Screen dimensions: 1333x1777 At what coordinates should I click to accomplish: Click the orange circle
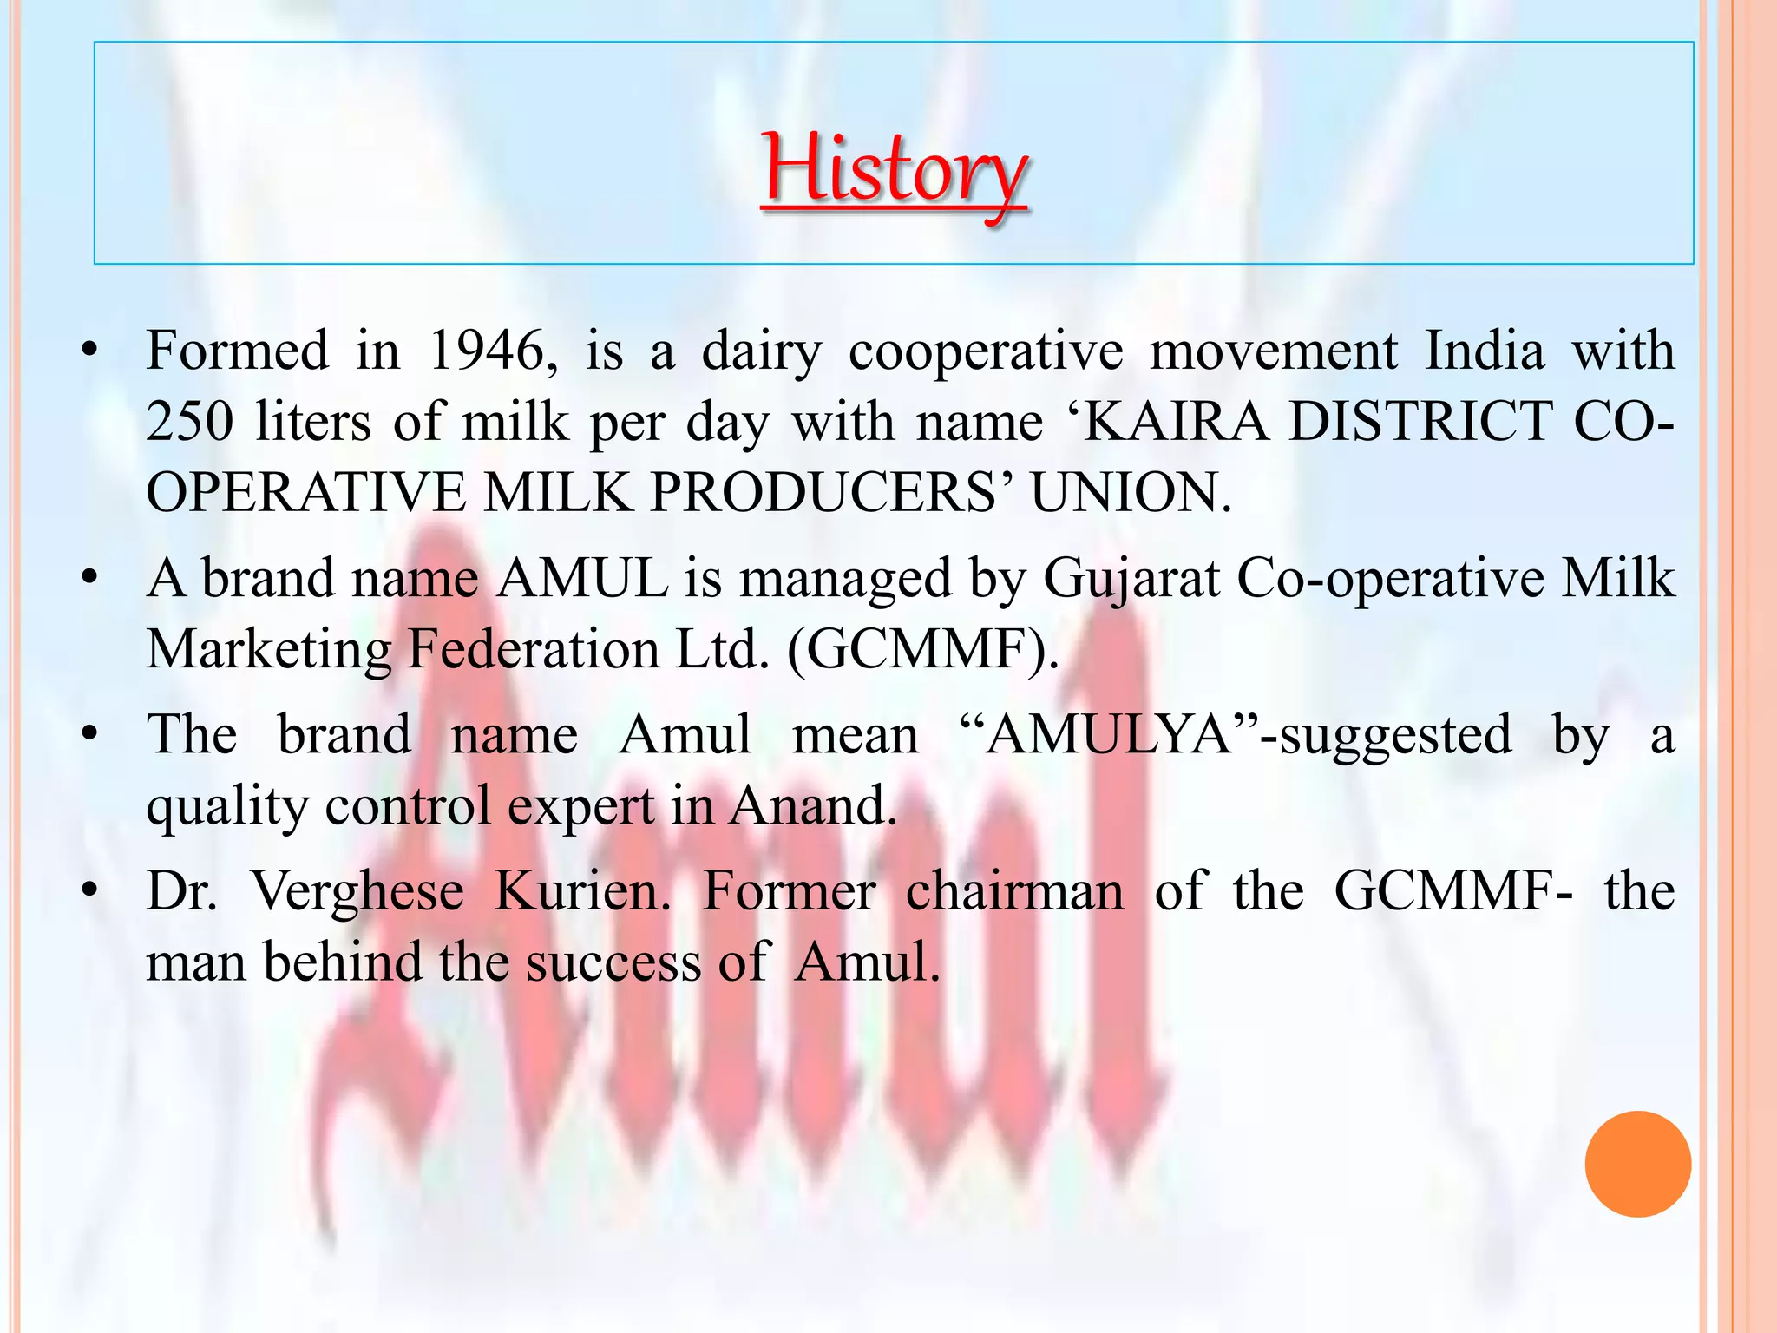point(1637,1164)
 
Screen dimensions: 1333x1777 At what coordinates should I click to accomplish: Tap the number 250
point(189,422)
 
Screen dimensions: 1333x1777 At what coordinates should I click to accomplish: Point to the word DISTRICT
point(1420,422)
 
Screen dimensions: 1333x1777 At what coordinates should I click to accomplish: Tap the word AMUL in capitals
point(582,578)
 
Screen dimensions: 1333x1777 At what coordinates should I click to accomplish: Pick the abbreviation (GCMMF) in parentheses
point(921,649)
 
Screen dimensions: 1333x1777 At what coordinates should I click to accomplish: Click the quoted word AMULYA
point(1108,734)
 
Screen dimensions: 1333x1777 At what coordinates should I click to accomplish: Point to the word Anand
point(811,805)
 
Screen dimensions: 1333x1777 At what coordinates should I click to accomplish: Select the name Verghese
point(357,892)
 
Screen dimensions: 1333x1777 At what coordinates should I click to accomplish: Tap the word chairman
point(1014,890)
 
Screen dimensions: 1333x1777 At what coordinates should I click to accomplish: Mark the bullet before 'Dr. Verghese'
point(89,891)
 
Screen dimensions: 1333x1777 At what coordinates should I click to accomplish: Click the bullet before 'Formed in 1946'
point(89,351)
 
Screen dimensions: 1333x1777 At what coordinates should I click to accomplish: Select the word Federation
point(533,649)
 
